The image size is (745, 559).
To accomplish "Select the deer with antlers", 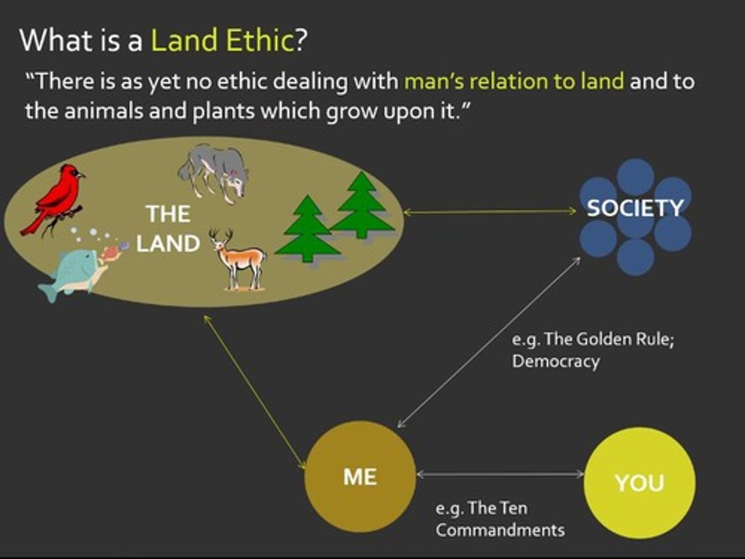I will pos(239,259).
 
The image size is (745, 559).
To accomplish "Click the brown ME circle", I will pos(360,477).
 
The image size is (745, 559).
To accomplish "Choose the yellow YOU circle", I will pos(639,482).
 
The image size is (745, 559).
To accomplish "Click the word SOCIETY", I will pos(635,208).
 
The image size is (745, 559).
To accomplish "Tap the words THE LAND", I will pos(168,229).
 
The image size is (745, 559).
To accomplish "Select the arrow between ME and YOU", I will pos(500,474).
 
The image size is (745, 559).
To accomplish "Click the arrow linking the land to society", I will pos(489,211).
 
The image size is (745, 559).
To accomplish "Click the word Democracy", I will pos(556,361).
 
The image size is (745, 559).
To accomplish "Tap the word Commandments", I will pos(500,530).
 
